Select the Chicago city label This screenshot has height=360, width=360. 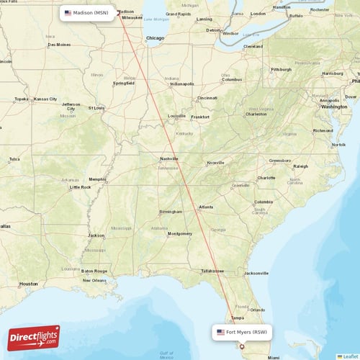click(155, 37)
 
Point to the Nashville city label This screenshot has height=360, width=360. click(169, 158)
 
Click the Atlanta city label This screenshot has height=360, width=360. click(206, 207)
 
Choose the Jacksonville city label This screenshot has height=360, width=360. click(256, 274)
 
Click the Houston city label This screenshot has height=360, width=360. click(29, 284)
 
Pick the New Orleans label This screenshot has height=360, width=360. click(94, 280)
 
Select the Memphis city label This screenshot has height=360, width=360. click(97, 179)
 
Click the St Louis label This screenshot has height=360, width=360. click(96, 107)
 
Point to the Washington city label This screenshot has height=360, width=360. click(334, 107)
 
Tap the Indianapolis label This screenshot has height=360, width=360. click(181, 84)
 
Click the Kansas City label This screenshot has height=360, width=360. click(45, 99)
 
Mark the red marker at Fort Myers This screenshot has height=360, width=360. click(242, 346)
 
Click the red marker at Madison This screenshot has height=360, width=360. click(118, 12)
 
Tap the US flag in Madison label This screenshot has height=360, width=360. click(68, 13)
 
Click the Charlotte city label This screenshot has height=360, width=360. click(266, 177)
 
